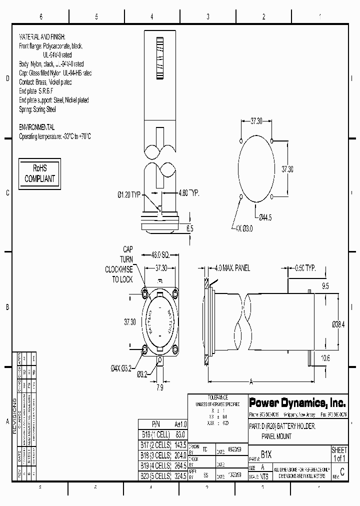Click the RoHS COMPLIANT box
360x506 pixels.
click(x=39, y=174)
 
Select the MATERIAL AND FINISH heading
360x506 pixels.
click(x=42, y=37)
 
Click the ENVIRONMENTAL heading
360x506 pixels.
click(x=36, y=127)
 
